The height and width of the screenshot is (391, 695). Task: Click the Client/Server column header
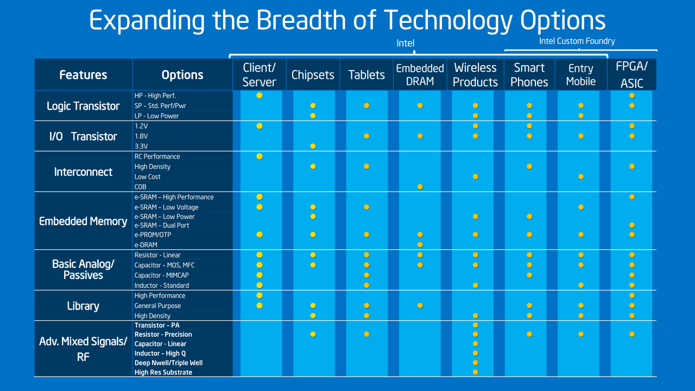[259, 75]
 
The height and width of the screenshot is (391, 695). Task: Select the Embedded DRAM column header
[420, 75]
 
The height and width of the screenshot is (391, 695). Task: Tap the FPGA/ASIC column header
[632, 75]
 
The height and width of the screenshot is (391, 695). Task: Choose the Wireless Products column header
[475, 75]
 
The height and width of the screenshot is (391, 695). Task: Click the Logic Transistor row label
[83, 106]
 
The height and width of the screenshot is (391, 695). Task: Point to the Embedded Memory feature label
[83, 221]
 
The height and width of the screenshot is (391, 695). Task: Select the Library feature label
[83, 306]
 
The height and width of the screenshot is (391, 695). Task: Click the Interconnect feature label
[83, 172]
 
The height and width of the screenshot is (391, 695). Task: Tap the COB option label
[141, 187]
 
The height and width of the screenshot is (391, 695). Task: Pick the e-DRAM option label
[146, 245]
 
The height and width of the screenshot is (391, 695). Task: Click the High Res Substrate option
[163, 373]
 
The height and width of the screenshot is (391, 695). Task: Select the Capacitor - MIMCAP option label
[162, 275]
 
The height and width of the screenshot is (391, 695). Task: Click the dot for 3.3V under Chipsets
[313, 146]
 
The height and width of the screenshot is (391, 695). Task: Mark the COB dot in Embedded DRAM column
[420, 187]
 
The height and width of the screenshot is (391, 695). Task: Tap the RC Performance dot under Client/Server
[260, 156]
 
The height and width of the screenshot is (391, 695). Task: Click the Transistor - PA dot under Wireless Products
[475, 325]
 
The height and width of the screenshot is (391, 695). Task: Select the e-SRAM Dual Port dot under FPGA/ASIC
[632, 225]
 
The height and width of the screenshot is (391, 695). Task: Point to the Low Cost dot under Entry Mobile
[581, 176]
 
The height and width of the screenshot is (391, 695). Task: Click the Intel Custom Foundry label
[577, 41]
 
